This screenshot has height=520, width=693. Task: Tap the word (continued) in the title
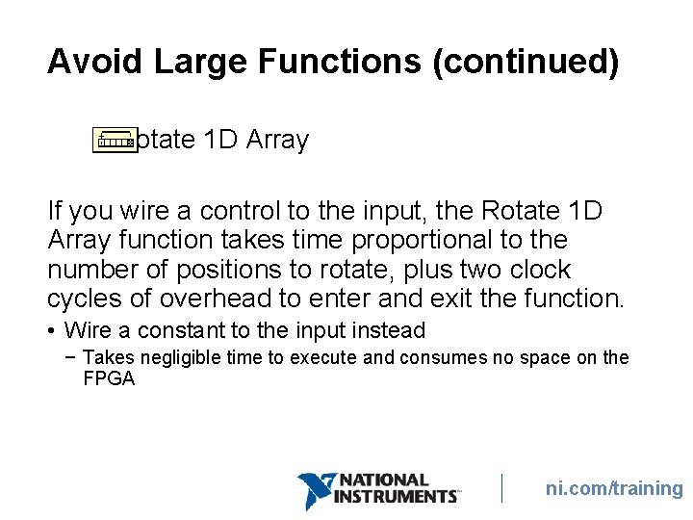point(526,62)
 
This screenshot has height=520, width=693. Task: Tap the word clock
point(536,270)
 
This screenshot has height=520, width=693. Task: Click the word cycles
point(87,299)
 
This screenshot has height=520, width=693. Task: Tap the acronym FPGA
point(109,379)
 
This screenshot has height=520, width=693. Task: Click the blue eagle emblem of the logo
point(315,489)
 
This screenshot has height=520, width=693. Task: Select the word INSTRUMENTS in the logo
point(395,497)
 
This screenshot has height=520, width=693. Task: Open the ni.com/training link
point(614,489)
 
